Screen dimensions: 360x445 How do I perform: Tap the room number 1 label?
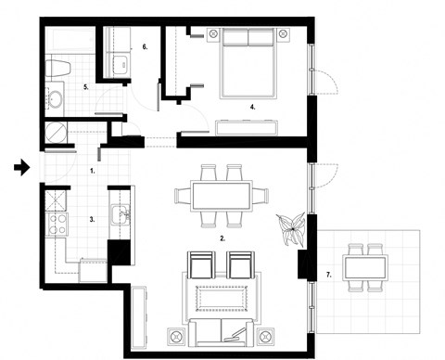(x=93, y=172)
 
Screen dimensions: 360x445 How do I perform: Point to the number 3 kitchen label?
(x=92, y=220)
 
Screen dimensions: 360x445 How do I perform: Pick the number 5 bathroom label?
(x=145, y=45)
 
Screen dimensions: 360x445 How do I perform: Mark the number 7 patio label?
(x=60, y=68)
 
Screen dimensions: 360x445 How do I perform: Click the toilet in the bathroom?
(x=55, y=96)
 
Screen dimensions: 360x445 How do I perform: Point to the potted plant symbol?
(x=221, y=194)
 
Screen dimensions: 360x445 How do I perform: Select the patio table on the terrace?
(x=202, y=266)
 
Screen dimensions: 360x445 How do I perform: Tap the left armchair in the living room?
(x=222, y=300)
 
